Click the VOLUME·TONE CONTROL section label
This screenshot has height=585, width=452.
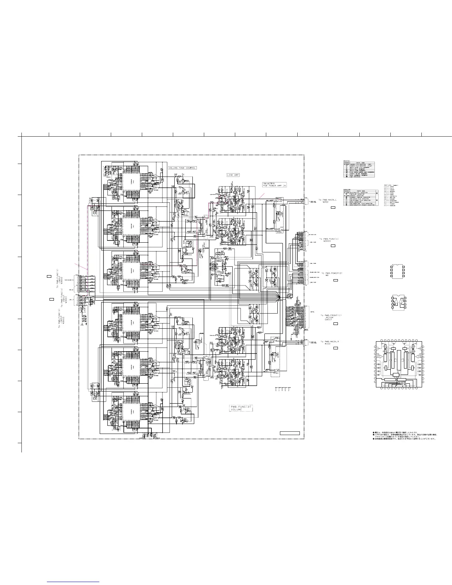[182, 168]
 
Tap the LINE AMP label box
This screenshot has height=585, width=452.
[233, 175]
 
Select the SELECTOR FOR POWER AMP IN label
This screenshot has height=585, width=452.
[274, 185]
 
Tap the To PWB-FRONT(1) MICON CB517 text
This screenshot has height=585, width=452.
[331, 317]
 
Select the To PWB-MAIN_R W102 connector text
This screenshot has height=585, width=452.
[329, 343]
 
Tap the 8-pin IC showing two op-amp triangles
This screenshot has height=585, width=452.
[398, 302]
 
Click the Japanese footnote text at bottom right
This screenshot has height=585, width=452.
[404, 435]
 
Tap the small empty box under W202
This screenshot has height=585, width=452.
[332, 208]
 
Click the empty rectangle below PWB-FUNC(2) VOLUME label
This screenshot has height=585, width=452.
[290, 433]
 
